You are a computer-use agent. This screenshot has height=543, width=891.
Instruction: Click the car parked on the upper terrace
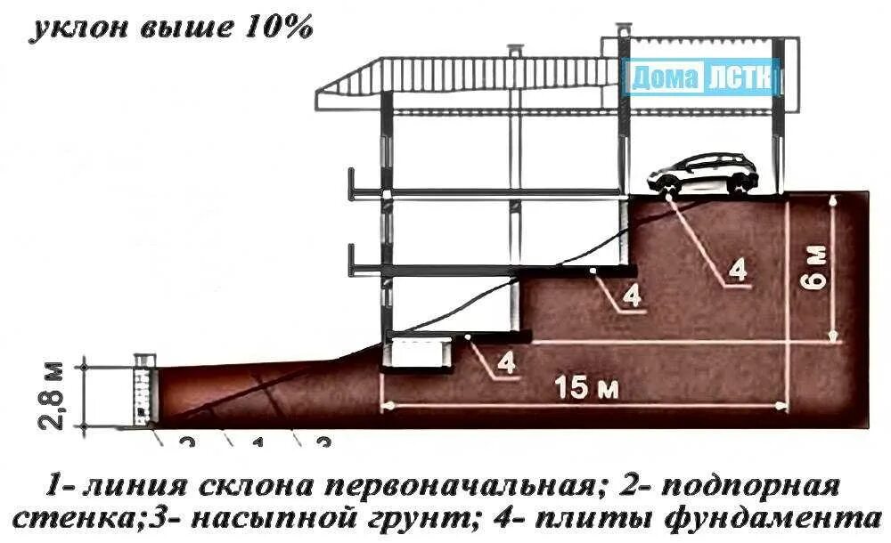click(x=704, y=173)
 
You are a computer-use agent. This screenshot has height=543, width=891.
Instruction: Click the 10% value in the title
click(x=275, y=28)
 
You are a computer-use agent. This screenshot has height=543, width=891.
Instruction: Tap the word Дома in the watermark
click(x=664, y=78)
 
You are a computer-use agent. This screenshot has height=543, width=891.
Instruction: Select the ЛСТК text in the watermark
click(x=740, y=78)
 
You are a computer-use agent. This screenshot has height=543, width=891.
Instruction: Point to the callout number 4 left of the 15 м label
click(x=505, y=362)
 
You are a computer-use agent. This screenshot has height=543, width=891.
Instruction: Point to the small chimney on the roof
click(x=515, y=51)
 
